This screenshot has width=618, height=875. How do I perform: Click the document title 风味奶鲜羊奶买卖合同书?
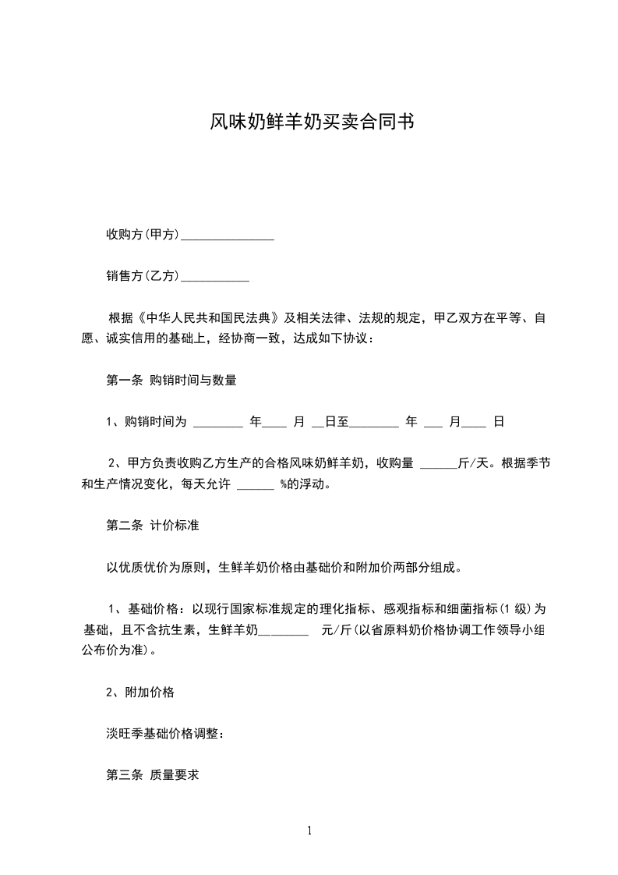pos(309,122)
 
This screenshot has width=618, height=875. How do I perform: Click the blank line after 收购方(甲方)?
pos(227,236)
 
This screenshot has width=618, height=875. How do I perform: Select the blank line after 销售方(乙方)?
pos(214,277)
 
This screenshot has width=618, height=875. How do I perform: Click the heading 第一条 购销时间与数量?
pos(171,381)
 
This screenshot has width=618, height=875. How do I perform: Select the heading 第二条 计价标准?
pos(152,526)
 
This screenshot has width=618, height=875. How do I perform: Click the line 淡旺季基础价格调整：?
pos(165,733)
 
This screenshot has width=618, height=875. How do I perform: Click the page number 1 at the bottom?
pos(309,831)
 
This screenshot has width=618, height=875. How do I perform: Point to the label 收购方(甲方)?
pos(143,235)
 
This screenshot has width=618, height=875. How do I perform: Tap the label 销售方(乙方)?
pos(143,276)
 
